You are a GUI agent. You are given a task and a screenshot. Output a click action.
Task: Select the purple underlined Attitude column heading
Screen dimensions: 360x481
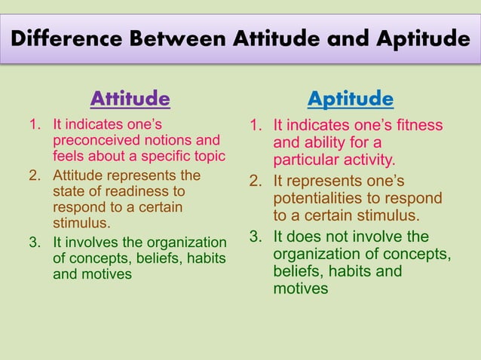click(x=130, y=99)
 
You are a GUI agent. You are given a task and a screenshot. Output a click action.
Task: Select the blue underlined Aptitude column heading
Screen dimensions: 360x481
click(x=351, y=99)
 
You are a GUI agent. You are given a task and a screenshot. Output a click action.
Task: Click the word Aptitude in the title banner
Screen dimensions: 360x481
click(x=419, y=38)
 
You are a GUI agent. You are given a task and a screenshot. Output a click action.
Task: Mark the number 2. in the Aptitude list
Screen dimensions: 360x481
click(x=258, y=181)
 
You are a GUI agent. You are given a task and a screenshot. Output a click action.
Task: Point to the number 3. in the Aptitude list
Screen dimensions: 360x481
click(x=258, y=236)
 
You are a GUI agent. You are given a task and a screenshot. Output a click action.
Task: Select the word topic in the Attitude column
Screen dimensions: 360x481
click(x=209, y=157)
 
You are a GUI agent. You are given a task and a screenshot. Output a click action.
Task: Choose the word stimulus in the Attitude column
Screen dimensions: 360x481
click(x=81, y=224)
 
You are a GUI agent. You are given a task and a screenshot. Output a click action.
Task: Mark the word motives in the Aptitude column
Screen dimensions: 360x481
click(x=300, y=288)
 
